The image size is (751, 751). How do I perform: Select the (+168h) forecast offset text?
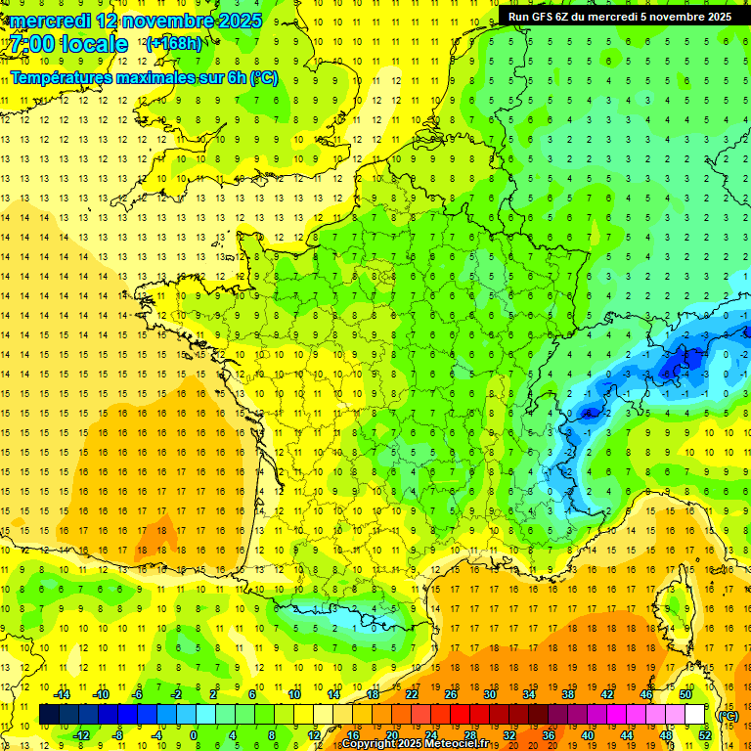174,43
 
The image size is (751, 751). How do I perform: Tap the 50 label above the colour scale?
685,694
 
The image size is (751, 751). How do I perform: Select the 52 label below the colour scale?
704,735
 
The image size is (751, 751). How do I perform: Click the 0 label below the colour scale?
194,735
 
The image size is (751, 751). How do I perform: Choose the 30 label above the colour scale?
490,694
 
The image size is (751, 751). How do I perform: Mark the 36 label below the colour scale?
548,735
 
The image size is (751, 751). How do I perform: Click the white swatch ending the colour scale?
695,715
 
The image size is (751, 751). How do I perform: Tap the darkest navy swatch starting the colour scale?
49,715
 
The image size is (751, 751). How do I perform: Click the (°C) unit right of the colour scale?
728,715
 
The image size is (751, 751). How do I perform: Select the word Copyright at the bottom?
369,744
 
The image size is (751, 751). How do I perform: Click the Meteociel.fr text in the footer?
464,744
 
